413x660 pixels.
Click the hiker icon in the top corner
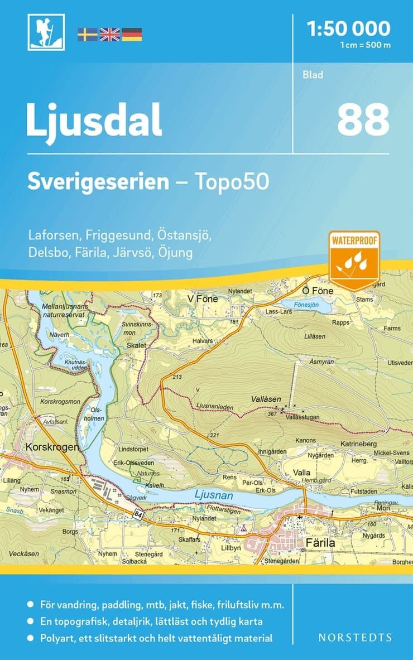pos(46,32)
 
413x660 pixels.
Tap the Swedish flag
pos(87,35)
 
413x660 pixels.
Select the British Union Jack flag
pos(109,35)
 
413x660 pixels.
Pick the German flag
pos(132,35)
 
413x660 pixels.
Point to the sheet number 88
pos(363,120)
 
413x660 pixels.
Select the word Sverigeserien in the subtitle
pos(98,182)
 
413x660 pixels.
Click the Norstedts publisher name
pos(354,637)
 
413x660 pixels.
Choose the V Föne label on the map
pos(203,299)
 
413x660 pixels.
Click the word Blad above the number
pos(313,75)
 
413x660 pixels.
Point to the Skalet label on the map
pos(136,345)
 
